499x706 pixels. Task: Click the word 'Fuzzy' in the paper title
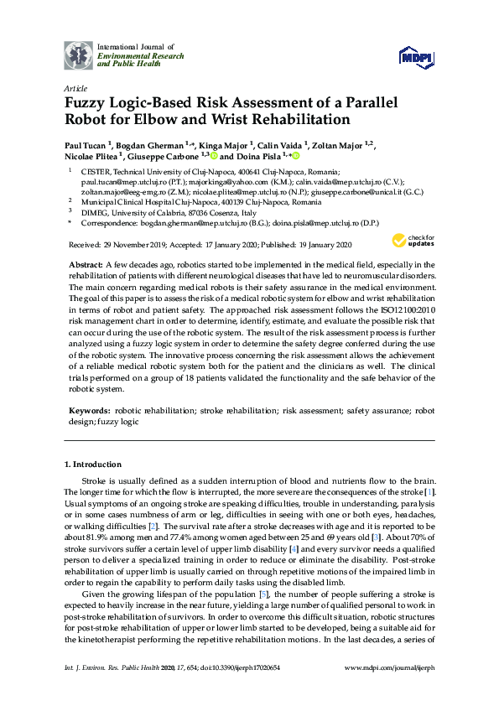point(88,103)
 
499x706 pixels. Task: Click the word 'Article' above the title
point(75,87)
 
